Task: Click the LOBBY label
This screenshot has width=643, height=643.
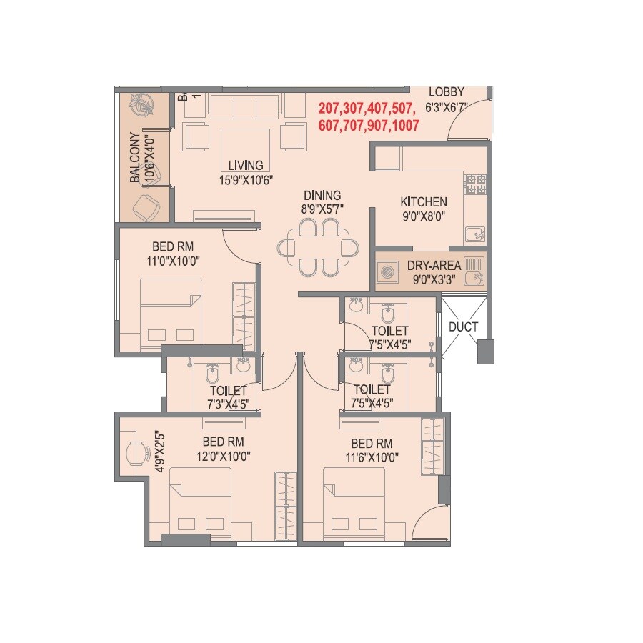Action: (x=447, y=92)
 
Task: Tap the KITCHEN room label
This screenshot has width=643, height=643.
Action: (x=424, y=202)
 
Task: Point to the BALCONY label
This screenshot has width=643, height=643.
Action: (x=134, y=159)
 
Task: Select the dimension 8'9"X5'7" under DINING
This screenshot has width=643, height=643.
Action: (x=321, y=209)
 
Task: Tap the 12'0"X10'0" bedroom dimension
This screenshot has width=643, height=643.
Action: (x=224, y=455)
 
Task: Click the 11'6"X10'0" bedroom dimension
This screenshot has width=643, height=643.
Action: (x=372, y=455)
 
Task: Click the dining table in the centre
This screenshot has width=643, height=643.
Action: (x=319, y=248)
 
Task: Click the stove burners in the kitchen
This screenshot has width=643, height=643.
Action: (x=476, y=184)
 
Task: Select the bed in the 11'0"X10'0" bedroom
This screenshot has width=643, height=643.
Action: (x=170, y=315)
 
